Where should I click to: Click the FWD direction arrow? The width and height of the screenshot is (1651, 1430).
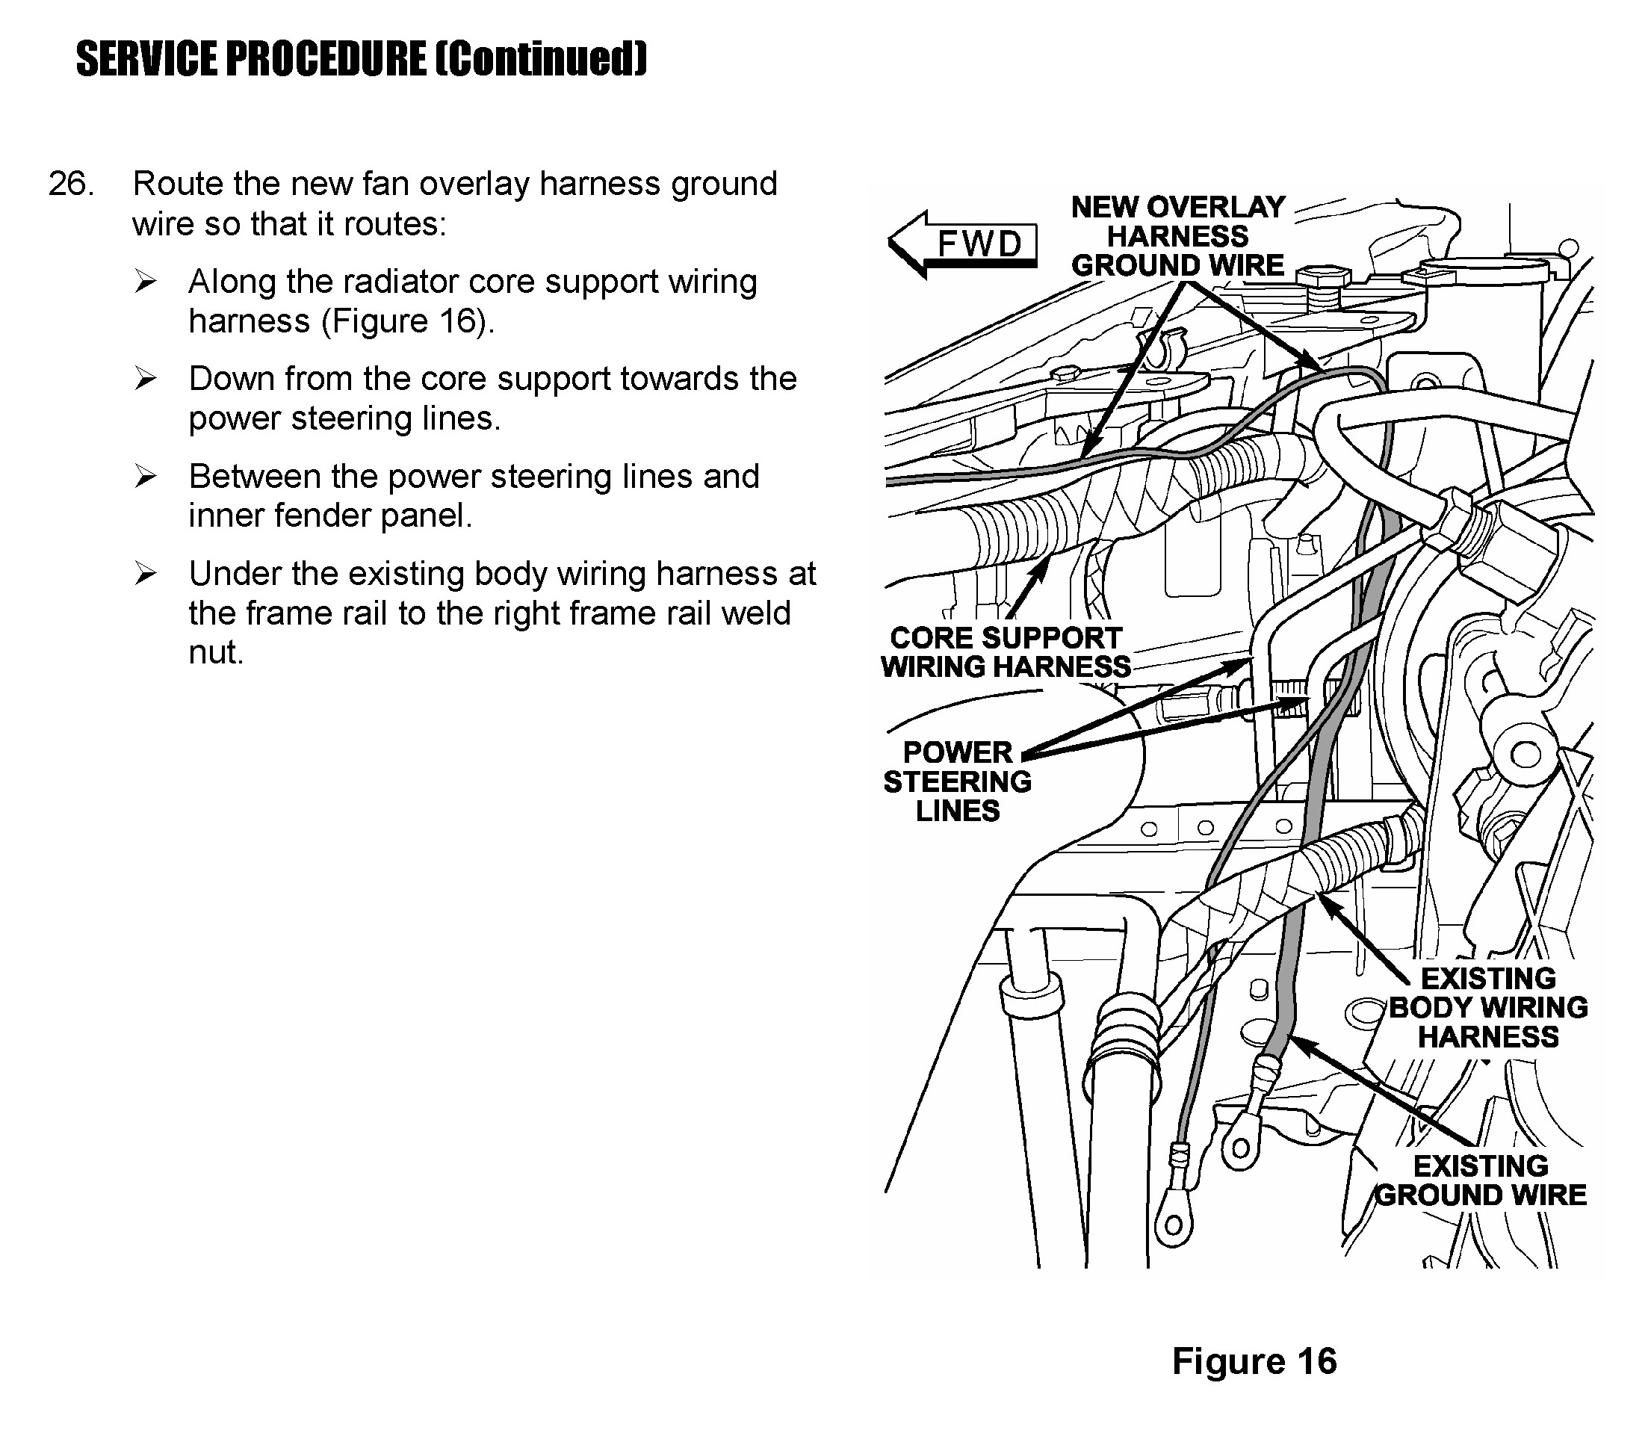(961, 244)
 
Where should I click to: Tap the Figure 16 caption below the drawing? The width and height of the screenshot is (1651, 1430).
(1254, 1361)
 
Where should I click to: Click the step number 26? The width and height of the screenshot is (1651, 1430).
(71, 184)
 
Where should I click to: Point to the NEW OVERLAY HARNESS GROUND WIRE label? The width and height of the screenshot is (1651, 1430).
(1177, 236)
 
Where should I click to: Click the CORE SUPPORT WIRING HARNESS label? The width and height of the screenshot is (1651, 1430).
(1006, 652)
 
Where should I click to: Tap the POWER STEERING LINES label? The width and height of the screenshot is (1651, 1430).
(957, 781)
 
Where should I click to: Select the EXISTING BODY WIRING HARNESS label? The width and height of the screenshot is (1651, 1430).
(1487, 1007)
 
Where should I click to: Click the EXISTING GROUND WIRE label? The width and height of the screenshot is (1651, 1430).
(1480, 1180)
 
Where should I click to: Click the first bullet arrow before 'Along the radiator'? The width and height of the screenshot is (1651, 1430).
(145, 282)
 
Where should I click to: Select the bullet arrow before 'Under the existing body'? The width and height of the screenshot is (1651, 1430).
(145, 574)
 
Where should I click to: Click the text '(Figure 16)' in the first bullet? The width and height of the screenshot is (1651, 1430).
(407, 321)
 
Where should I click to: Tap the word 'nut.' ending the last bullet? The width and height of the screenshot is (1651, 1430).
(215, 653)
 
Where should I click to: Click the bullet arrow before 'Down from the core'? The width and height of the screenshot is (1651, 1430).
(145, 379)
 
